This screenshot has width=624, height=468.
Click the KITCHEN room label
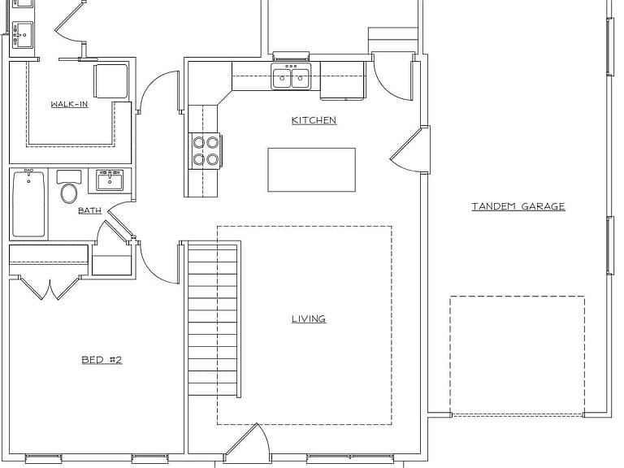click(x=314, y=120)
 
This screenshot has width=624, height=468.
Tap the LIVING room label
click(x=309, y=318)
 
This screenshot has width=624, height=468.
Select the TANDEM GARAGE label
click(x=518, y=206)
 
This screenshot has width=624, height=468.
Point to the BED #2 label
click(x=102, y=360)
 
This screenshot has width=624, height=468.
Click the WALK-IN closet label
click(x=69, y=104)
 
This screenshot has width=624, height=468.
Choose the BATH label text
click(x=89, y=210)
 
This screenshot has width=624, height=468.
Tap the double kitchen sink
click(x=291, y=76)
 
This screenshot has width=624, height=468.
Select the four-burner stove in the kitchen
click(x=206, y=150)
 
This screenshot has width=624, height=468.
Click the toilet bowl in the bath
click(x=69, y=193)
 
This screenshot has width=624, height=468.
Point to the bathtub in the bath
click(x=28, y=203)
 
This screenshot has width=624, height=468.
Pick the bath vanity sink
click(x=110, y=180)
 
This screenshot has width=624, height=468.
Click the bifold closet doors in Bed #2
click(x=50, y=288)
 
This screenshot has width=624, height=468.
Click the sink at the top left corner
click(x=22, y=35)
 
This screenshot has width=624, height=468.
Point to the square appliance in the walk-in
click(x=110, y=80)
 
